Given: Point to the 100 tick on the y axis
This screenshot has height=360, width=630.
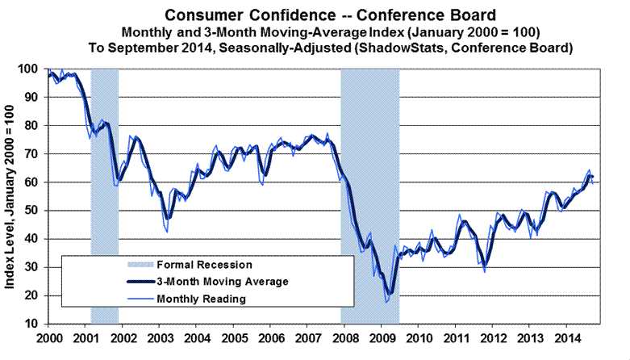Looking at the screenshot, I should [33, 69].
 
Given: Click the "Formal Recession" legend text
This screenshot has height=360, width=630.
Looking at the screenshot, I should [205, 264].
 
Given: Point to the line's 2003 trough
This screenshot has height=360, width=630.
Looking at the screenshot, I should [166, 232].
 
